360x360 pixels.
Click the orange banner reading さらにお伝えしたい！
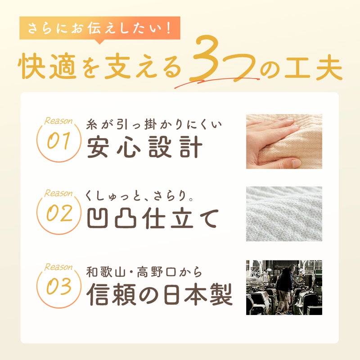[x=99, y=28]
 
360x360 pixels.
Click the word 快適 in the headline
[x=47, y=67]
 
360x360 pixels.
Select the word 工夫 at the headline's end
[x=313, y=67]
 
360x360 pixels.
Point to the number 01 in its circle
[x=58, y=140]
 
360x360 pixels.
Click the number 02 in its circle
[x=59, y=213]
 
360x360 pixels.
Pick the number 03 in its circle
[x=59, y=286]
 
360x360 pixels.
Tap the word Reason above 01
[x=58, y=121]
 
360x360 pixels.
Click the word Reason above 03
[x=58, y=267]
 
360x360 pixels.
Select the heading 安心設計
[x=144, y=147]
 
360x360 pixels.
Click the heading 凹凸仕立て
[x=153, y=218]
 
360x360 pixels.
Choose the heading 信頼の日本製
[x=159, y=294]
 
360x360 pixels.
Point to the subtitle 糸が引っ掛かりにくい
[x=154, y=125]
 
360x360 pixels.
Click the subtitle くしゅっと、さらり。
[x=139, y=196]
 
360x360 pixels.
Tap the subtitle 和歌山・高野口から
[x=144, y=272]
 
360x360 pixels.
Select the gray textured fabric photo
[x=284, y=214]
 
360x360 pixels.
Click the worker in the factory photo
[x=285, y=289]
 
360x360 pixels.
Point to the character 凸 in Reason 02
[x=126, y=218]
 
